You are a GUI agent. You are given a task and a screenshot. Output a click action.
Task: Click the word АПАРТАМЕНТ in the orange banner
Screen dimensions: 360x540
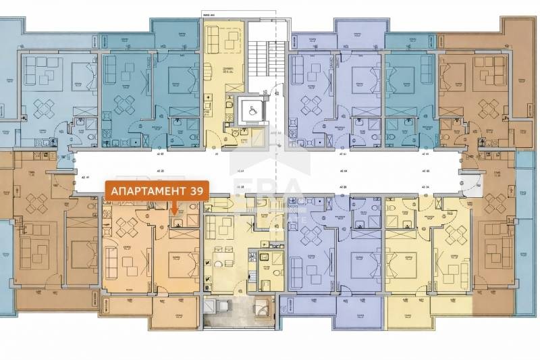click(x=148, y=190)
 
